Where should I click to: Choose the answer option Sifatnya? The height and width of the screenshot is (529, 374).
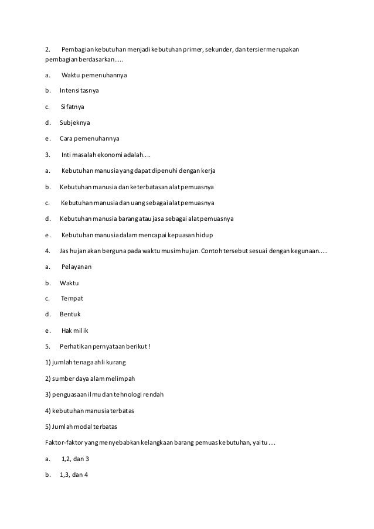coord(73,107)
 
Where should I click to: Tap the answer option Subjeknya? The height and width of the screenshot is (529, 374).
coord(75,123)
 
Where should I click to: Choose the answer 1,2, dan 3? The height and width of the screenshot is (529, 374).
coord(74,458)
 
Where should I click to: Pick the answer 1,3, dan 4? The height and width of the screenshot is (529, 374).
coord(73,473)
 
